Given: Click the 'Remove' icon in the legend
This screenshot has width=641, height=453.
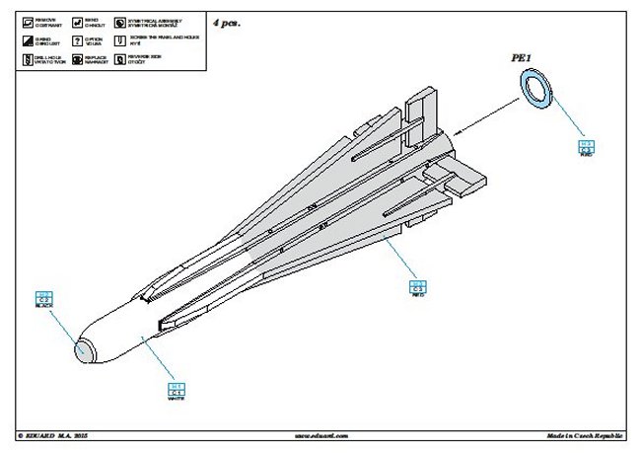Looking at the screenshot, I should coord(28,21).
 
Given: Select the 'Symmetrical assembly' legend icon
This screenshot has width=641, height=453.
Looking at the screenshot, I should coord(120,21).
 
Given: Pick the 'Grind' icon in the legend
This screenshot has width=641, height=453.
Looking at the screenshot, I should coord(28,40).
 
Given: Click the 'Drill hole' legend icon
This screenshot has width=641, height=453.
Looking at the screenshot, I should coord(28,59).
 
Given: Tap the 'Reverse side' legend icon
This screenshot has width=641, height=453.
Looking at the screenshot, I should coord(120,59).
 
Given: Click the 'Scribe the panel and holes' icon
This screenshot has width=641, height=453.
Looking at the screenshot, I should coord(120,40).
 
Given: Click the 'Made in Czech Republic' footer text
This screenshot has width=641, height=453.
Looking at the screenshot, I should coord(585,434).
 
